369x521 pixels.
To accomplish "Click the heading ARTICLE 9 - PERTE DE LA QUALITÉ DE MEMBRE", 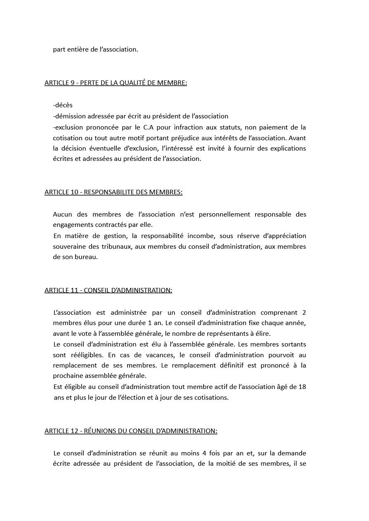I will coord(116,83).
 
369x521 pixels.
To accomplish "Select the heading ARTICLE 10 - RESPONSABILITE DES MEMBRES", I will coord(114,192).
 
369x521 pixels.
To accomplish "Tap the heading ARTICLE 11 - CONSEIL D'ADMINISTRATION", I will coord(108,290).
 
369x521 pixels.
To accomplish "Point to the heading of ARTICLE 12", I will coord(131,431).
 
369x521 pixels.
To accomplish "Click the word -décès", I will coord(63,105).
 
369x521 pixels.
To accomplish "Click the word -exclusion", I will coord(68,127).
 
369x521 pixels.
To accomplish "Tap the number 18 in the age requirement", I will coord(302,387).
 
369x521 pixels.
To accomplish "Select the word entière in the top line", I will coord(77,50).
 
